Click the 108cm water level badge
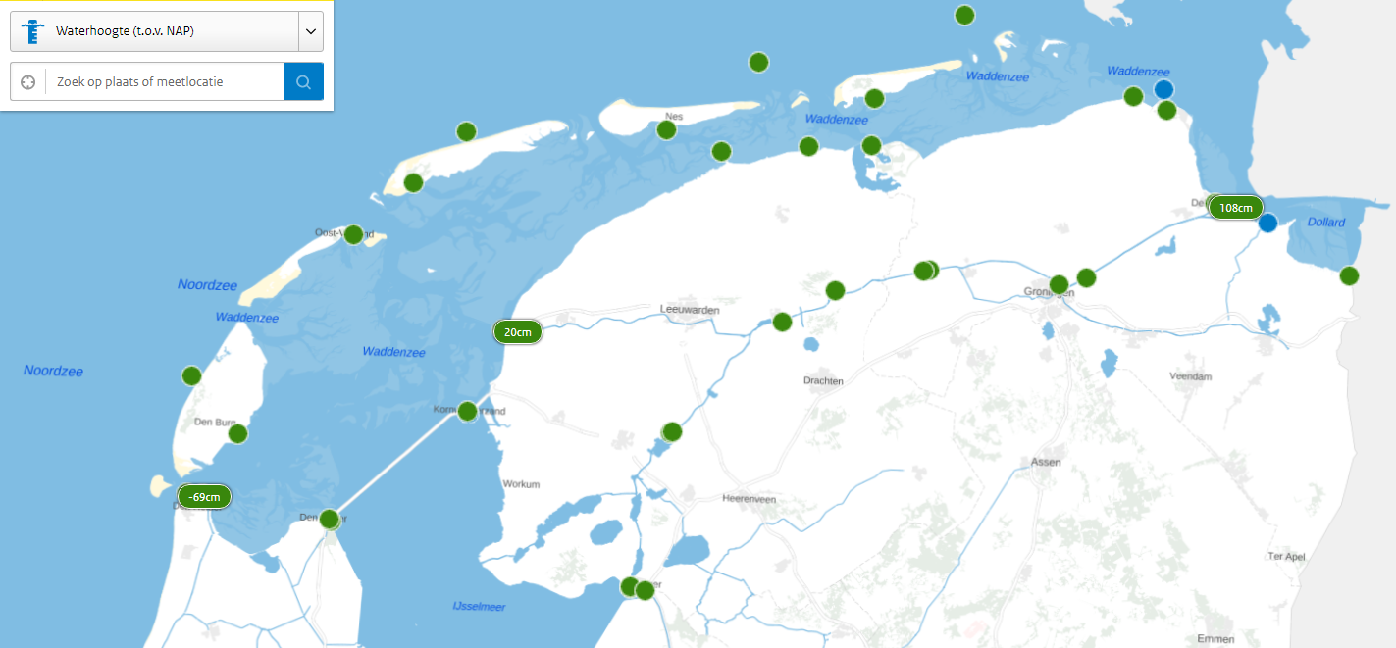pos(1235,208)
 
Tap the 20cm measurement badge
pos(518,332)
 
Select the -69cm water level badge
pos(204,497)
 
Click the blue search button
pos(303,82)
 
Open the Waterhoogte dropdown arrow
pos(310,31)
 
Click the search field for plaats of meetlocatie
pos(165,82)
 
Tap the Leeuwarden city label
pos(690,310)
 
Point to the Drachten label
pos(823,380)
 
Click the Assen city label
pos(1047,461)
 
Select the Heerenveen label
pos(749,499)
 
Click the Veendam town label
pos(1191,376)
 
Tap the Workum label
pos(522,484)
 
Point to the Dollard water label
pos(1326,223)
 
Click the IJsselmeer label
pos(479,607)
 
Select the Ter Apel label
pos(1286,556)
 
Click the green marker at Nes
pos(667,130)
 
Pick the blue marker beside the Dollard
pos(1267,223)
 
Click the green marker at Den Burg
pos(237,433)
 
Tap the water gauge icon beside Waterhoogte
pos(32,31)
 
